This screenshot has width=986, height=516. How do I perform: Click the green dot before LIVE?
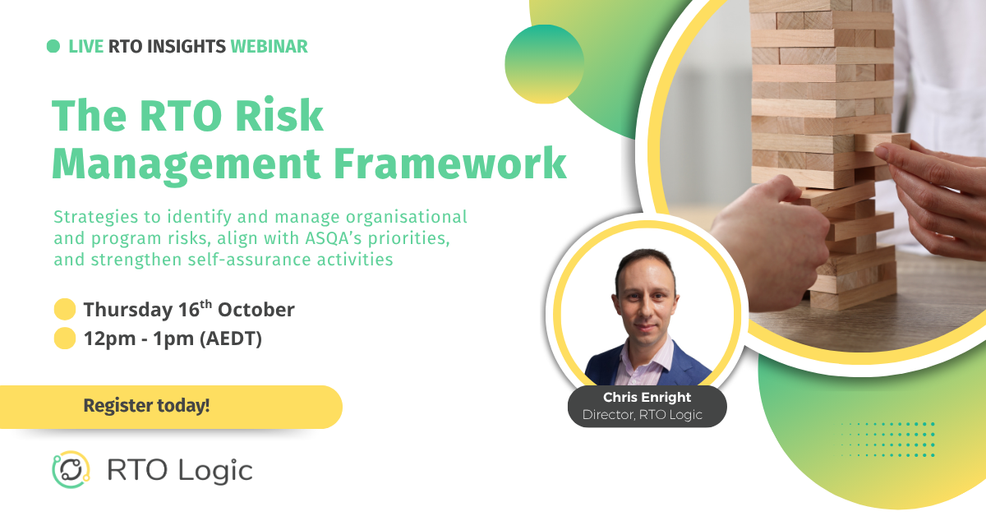[53, 47]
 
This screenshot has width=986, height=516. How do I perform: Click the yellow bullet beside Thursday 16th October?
[64, 310]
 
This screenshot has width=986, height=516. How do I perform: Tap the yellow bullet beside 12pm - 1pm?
[64, 339]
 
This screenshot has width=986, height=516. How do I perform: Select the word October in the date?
[256, 310]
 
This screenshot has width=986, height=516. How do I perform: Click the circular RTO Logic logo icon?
[71, 471]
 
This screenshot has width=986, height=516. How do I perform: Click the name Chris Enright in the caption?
[647, 398]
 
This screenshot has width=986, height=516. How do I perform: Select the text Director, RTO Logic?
[643, 415]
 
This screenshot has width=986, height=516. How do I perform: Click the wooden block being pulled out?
[883, 141]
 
